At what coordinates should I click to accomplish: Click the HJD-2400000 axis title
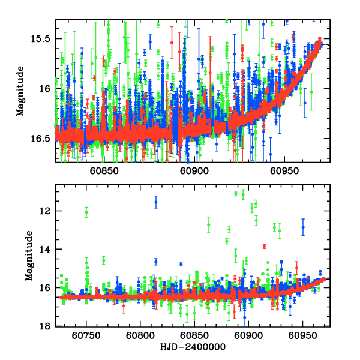coord(193,347)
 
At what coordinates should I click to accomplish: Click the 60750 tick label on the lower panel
coord(86,336)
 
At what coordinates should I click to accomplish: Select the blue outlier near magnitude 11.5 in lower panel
coord(156,202)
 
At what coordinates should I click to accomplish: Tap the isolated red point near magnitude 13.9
coord(264,247)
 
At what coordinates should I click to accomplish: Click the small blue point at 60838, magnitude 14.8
coord(181,264)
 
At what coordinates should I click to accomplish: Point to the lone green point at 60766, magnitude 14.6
coord(104,260)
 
